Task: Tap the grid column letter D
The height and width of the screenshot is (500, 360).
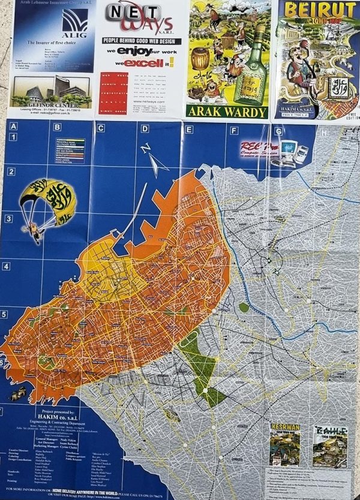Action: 145,128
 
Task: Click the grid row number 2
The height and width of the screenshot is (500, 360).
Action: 10,172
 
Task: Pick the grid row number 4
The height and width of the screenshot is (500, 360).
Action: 8,266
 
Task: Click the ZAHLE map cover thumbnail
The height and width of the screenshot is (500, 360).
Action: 329,445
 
